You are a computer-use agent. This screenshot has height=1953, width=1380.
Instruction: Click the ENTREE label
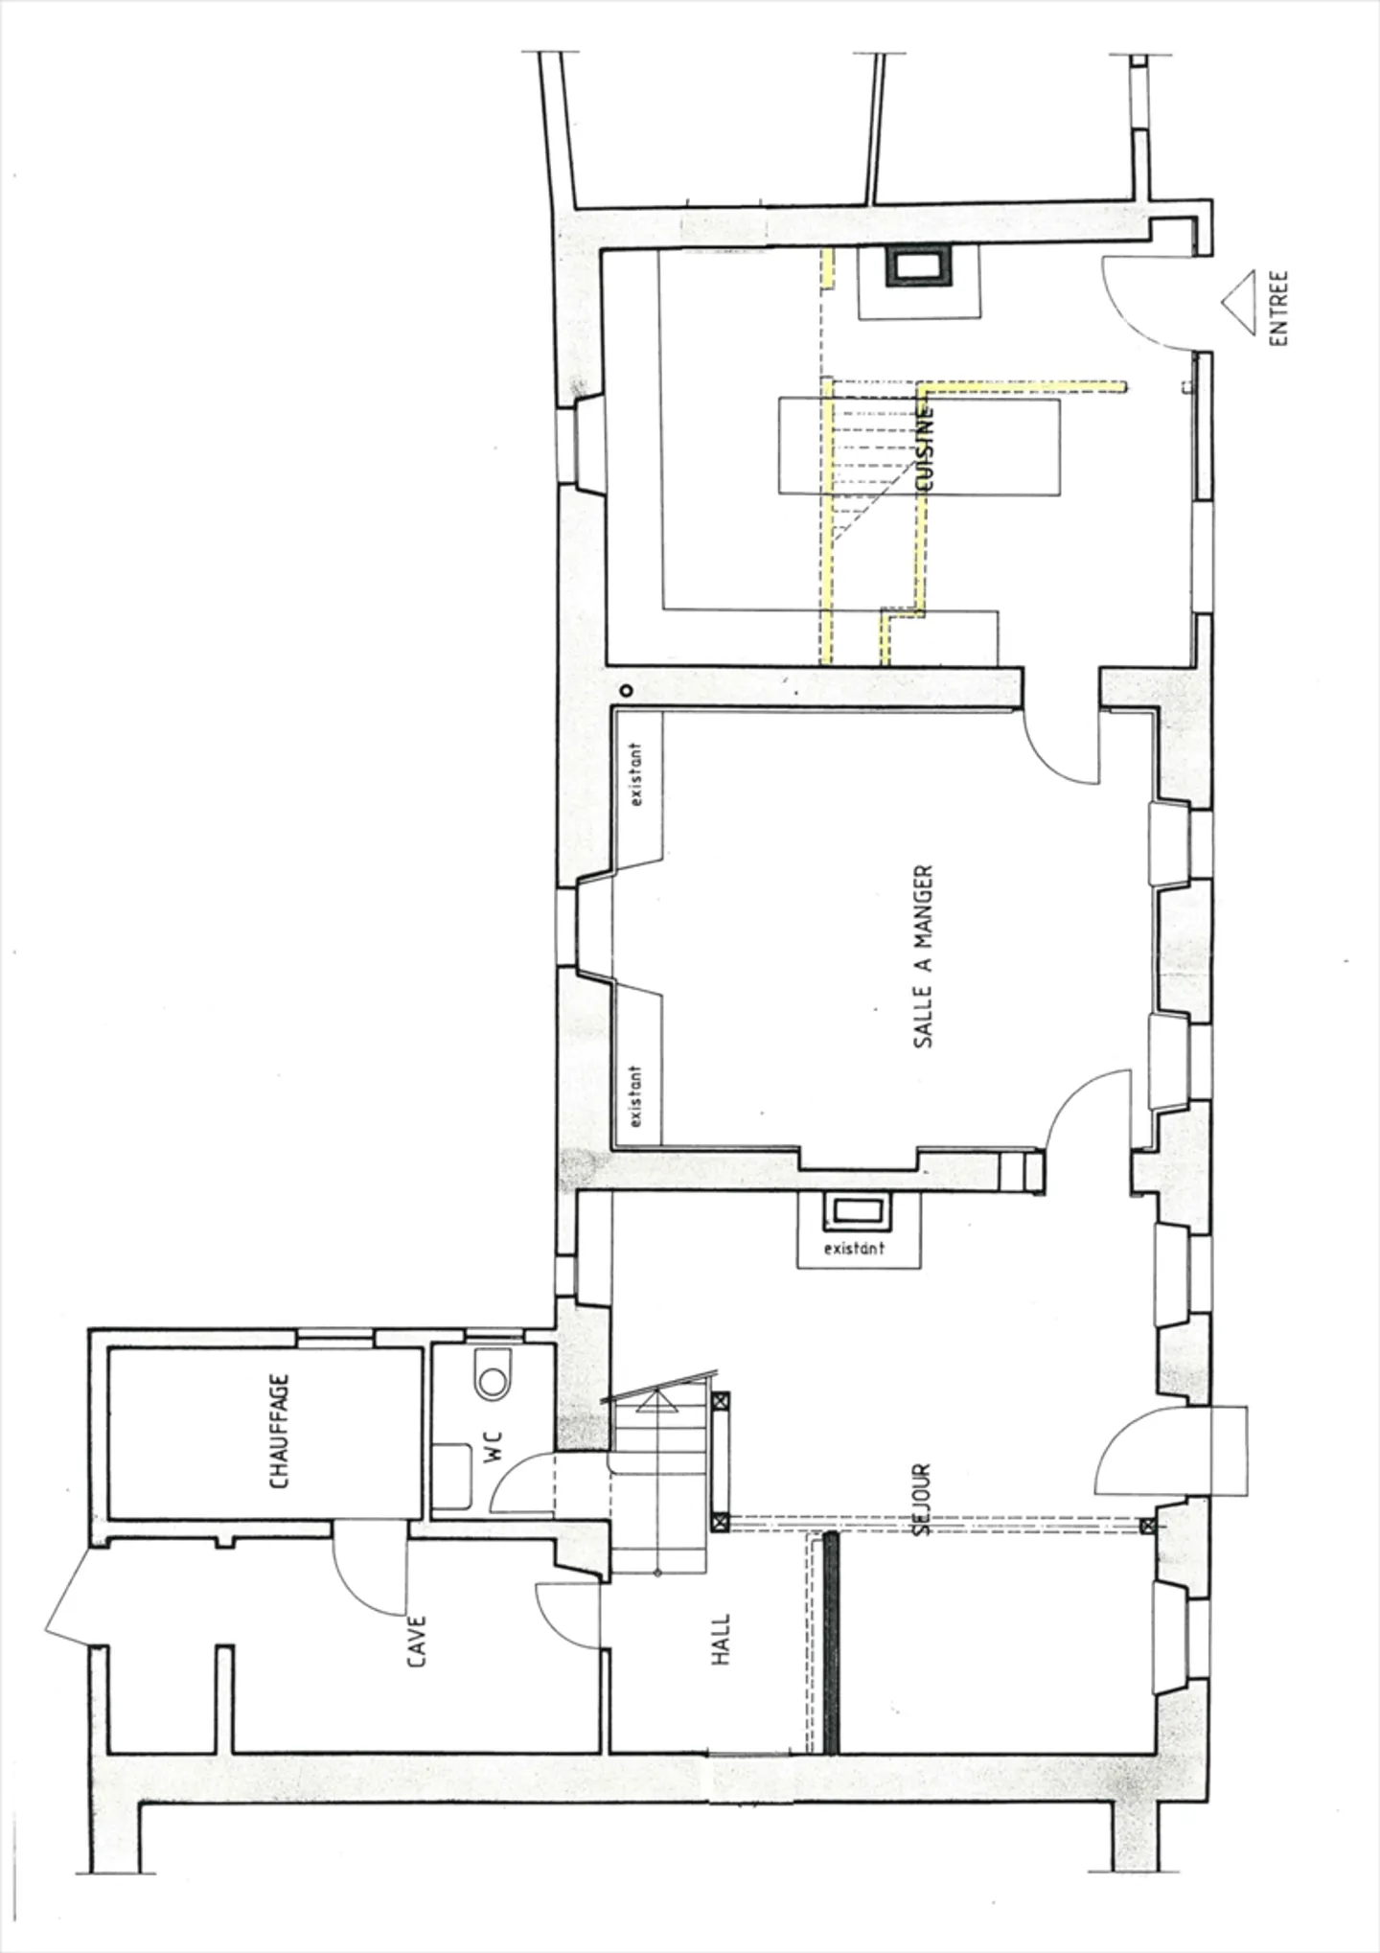point(1278,308)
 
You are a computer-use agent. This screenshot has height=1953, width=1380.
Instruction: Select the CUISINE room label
point(925,448)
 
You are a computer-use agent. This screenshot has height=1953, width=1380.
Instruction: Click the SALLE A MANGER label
point(923,956)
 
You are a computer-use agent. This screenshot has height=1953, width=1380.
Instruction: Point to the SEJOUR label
point(921,1500)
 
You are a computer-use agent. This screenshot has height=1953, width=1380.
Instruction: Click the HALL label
point(722,1639)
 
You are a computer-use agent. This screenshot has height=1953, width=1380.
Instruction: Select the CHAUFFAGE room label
point(279,1432)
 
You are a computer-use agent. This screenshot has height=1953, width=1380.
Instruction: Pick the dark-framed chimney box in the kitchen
point(918,266)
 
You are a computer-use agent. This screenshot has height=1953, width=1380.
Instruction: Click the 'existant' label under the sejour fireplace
point(854,1249)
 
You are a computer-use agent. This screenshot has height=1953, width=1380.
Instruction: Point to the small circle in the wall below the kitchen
point(625,689)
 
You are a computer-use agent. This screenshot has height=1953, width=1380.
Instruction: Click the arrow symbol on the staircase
point(656,1404)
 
